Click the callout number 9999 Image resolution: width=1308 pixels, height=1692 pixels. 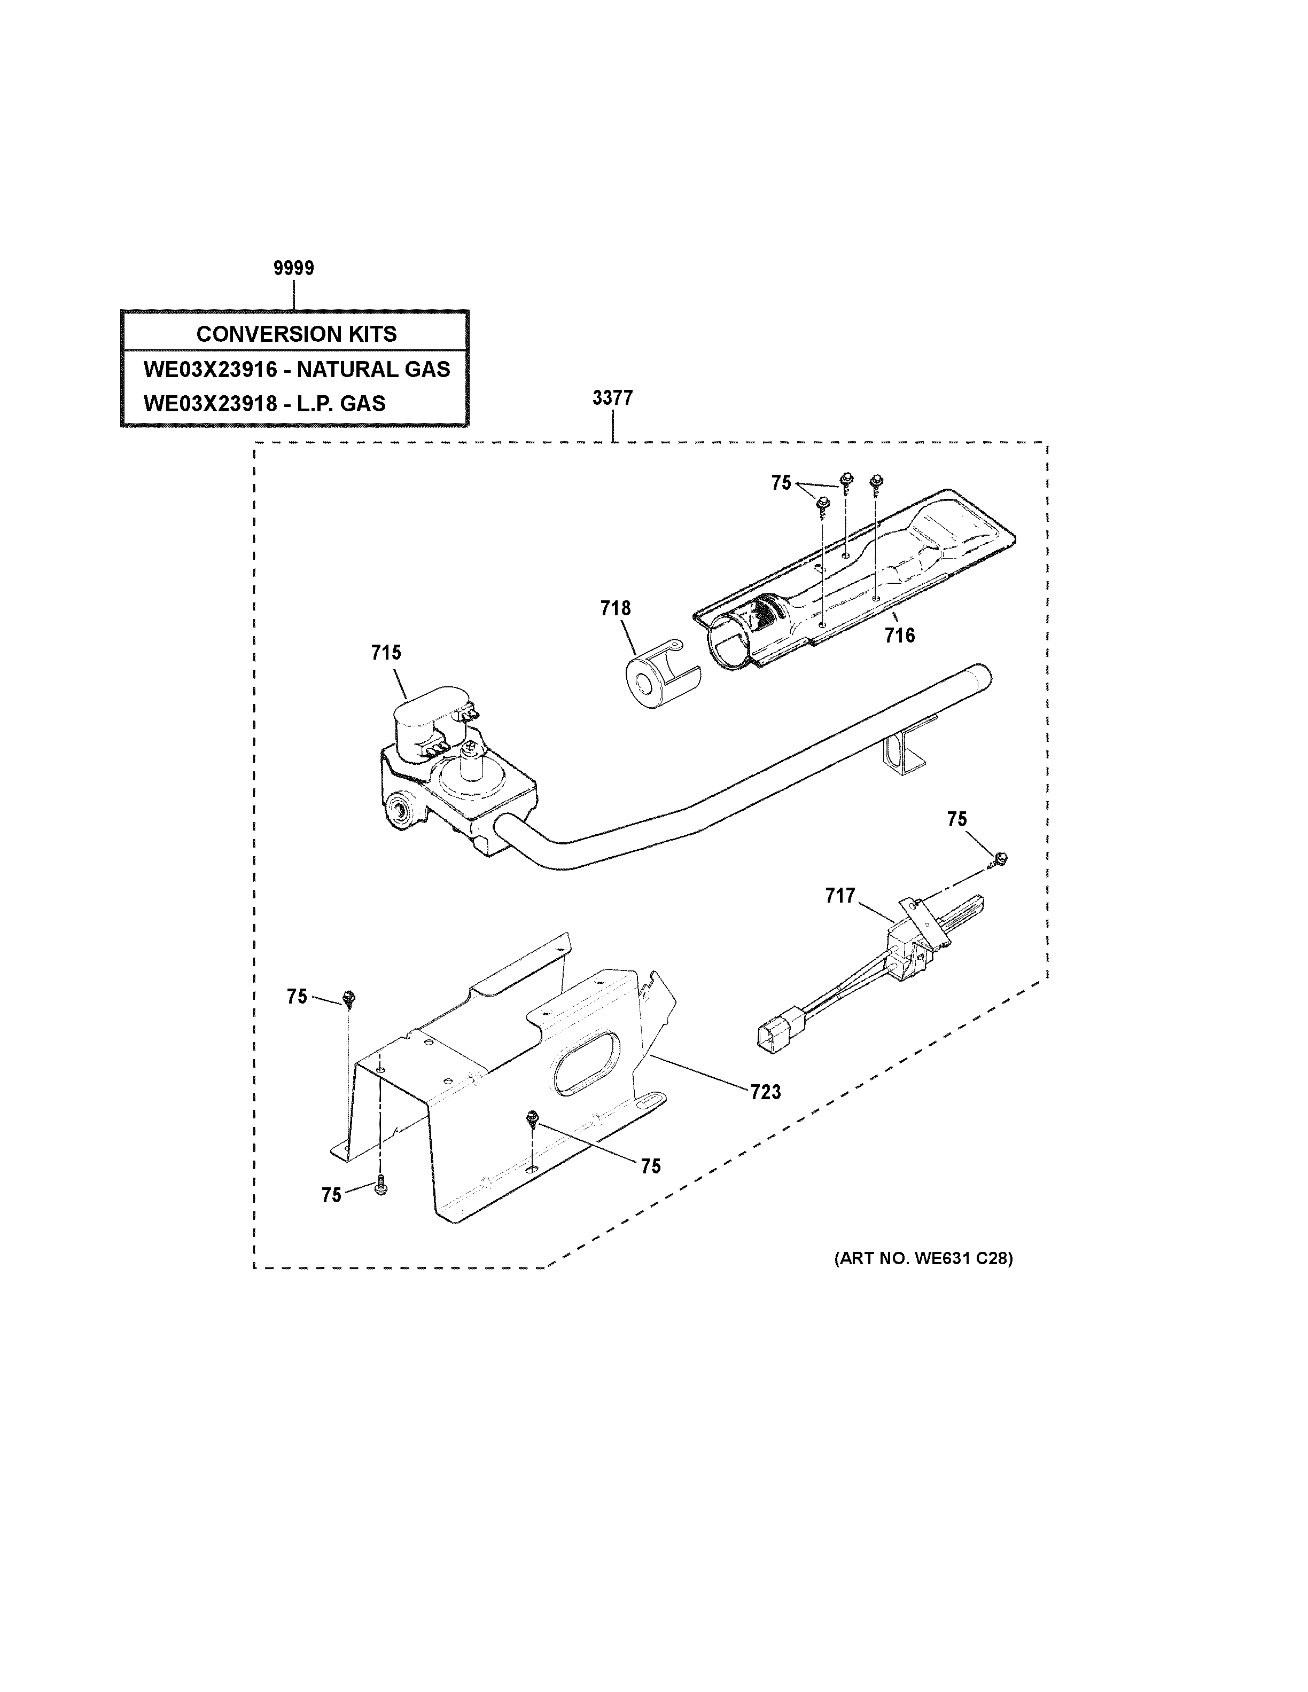coord(294,268)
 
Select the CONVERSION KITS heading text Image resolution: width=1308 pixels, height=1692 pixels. coord(296,334)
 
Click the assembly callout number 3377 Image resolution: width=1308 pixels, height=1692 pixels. coord(612,398)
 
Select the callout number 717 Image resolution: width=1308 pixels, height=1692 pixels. coord(840,896)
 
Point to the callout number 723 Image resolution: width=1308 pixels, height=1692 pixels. coord(766,1092)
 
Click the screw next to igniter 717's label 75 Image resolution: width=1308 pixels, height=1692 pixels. coord(999,858)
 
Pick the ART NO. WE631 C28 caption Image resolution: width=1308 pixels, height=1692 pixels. coord(923,1258)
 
